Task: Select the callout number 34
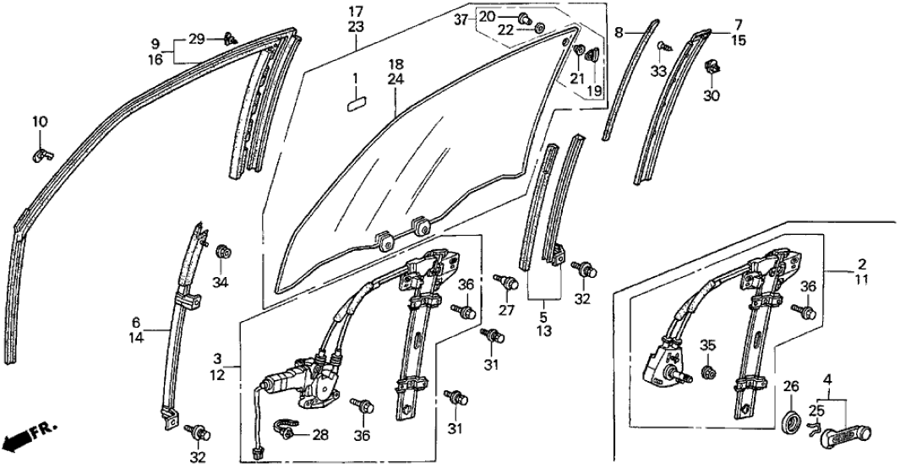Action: (221, 281)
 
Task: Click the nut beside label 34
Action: (225, 251)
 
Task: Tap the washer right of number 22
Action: (538, 31)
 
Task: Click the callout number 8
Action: (619, 32)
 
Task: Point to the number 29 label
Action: (196, 40)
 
